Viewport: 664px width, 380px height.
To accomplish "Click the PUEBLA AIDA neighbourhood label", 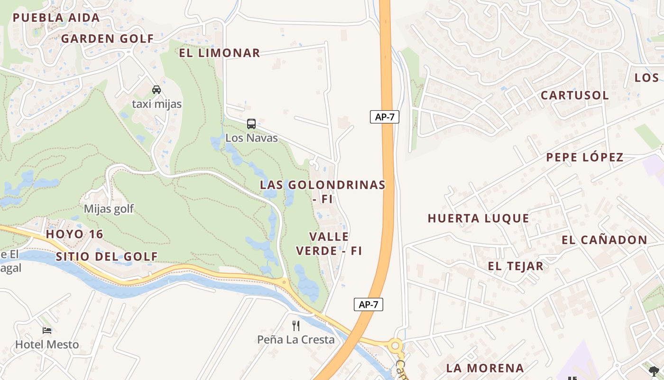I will click(56, 18).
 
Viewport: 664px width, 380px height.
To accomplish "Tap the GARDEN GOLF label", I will click(107, 39).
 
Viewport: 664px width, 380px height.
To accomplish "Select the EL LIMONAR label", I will click(219, 53).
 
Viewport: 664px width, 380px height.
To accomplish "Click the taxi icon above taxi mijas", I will click(157, 89).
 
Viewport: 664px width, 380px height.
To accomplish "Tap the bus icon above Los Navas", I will click(251, 124).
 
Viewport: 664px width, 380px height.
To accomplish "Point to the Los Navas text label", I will click(251, 138).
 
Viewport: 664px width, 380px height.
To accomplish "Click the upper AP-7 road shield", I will click(384, 117).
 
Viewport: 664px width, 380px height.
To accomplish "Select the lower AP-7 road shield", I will click(368, 304).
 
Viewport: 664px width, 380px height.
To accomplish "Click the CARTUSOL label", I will click(575, 95).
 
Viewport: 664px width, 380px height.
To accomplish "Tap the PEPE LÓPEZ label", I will click(585, 157).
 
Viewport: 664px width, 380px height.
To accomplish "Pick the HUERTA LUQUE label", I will click(478, 218).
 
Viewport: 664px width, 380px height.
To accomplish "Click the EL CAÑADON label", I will click(604, 240).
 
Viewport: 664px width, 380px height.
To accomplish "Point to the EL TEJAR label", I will click(516, 266).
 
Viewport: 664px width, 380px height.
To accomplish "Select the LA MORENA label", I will click(485, 368).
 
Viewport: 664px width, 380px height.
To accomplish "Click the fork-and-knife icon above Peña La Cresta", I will click(296, 325).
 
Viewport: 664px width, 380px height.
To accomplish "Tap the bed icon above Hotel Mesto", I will click(47, 330).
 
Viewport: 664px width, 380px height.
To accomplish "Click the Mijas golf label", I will click(109, 209).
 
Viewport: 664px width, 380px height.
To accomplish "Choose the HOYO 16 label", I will click(74, 234).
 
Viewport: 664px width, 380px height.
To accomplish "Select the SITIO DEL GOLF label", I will click(107, 256).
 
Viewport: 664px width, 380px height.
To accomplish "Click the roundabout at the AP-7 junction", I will click(395, 346).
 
